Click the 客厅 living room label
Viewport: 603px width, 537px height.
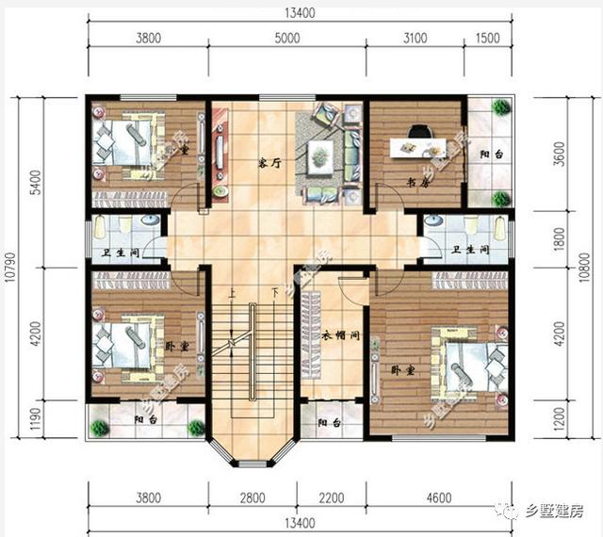coord(271,162)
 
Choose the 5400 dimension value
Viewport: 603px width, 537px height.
coord(36,180)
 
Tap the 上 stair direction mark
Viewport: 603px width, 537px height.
coord(231,292)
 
